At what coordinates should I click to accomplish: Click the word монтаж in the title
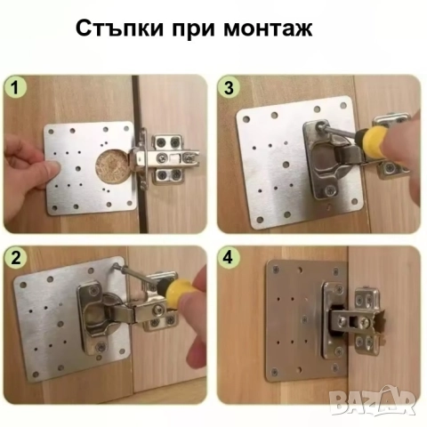pyautogui.click(x=265, y=28)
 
